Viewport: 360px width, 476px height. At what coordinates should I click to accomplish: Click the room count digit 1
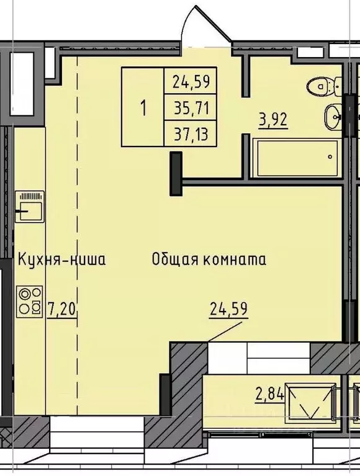coord(143,108)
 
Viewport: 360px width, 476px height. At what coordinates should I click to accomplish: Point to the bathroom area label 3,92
coord(274,119)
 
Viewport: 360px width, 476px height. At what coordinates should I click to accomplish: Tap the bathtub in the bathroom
coord(296,158)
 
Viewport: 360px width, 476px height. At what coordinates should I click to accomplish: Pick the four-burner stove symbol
coord(30,300)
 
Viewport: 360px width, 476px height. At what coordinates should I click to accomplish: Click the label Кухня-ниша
coord(61,259)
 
